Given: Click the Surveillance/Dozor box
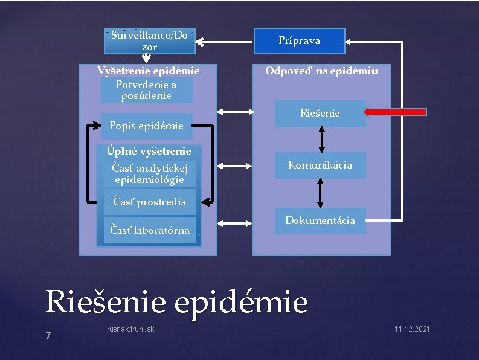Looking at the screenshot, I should [x=149, y=41].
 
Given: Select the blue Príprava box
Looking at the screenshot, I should [x=299, y=41].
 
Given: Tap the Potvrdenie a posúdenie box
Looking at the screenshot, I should [x=147, y=90].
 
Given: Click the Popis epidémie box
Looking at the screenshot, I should [x=146, y=126].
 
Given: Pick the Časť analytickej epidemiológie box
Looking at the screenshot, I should [x=150, y=173].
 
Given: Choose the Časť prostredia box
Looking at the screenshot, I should [x=150, y=202].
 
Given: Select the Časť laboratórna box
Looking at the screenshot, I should [x=150, y=230].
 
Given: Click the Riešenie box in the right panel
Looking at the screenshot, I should [x=320, y=113].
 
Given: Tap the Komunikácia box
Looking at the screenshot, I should [x=320, y=165].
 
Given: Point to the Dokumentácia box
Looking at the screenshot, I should [x=320, y=220].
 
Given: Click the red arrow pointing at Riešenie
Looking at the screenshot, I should [x=396, y=112].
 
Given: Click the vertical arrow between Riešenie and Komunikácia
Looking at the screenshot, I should [x=321, y=139].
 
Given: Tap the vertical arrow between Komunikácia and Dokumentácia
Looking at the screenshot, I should [x=321, y=193].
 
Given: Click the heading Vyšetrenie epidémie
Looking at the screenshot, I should [x=149, y=71].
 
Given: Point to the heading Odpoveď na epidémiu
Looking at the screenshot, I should [x=322, y=71].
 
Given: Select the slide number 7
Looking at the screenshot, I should [x=48, y=336].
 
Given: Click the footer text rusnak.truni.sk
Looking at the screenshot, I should [x=130, y=329].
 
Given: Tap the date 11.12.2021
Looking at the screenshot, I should [x=412, y=329].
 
